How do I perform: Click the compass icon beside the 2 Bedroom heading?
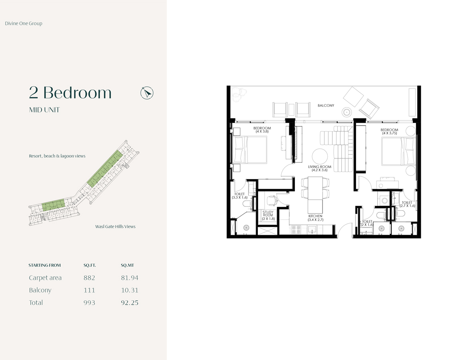(x=147, y=93)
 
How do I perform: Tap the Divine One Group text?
(x=24, y=23)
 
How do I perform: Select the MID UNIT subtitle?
(x=44, y=110)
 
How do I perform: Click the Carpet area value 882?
(x=89, y=278)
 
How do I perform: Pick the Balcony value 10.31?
(x=129, y=290)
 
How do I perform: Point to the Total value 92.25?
(x=129, y=302)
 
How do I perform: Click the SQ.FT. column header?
(x=90, y=265)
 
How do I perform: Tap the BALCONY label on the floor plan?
(x=326, y=106)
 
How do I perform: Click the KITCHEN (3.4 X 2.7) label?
(x=315, y=218)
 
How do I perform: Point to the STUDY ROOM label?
(x=268, y=215)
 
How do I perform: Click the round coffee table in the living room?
(x=320, y=156)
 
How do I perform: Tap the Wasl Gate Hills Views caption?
(x=115, y=226)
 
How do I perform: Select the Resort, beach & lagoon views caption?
(x=57, y=156)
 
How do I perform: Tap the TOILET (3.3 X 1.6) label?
(x=239, y=196)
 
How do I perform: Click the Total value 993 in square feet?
(x=89, y=302)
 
